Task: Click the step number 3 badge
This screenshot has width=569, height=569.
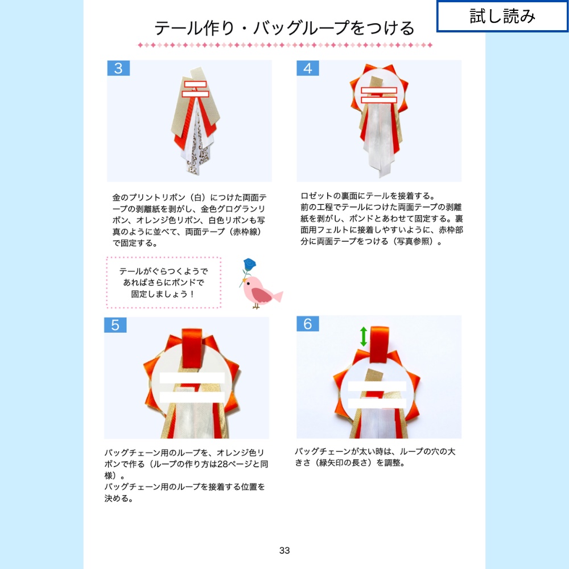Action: pos(118,68)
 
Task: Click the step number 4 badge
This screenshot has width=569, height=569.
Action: pos(308,68)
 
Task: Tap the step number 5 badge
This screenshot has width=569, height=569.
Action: pos(116,325)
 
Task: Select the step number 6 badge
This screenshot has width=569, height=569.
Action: pos(308,324)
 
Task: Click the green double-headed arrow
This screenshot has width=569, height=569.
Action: pos(364,336)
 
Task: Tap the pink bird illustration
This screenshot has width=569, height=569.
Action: pos(260,290)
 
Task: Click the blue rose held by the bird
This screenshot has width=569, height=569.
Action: pos(248,266)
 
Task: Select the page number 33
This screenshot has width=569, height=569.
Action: pos(284,550)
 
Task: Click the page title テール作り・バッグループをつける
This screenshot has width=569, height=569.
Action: pos(284,28)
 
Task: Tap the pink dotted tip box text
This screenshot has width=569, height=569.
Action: pos(163,283)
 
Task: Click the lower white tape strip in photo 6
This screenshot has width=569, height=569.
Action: pos(377,402)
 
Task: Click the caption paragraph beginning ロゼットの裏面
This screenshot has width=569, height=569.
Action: pos(381,218)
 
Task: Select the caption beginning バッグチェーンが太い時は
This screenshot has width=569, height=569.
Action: pos(375,457)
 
